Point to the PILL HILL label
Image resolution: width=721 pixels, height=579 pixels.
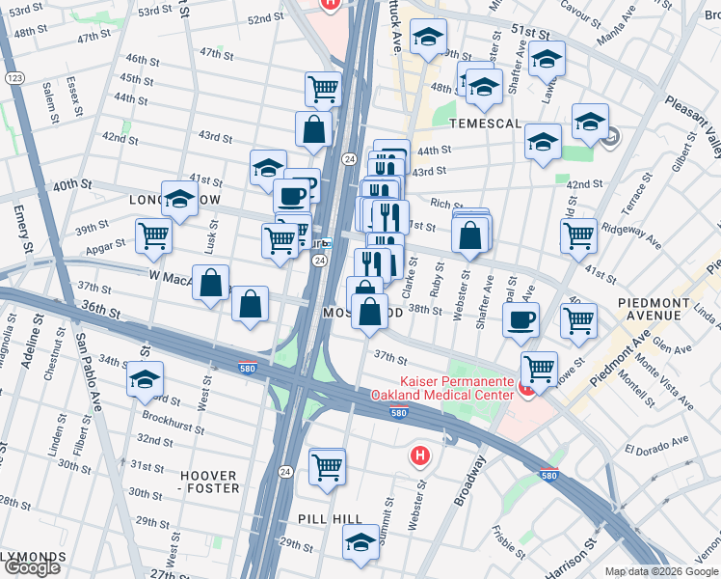334,519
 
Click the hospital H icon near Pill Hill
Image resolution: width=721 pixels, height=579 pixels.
419,455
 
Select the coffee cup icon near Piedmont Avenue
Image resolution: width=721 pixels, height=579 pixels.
521,320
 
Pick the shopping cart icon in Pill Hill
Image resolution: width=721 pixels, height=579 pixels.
328,467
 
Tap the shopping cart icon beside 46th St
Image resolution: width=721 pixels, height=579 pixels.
324,90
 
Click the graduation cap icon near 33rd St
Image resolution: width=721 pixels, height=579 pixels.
146,379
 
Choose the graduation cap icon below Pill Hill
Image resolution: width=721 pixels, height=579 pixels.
361,541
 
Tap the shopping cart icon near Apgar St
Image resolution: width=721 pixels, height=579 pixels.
153,234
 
